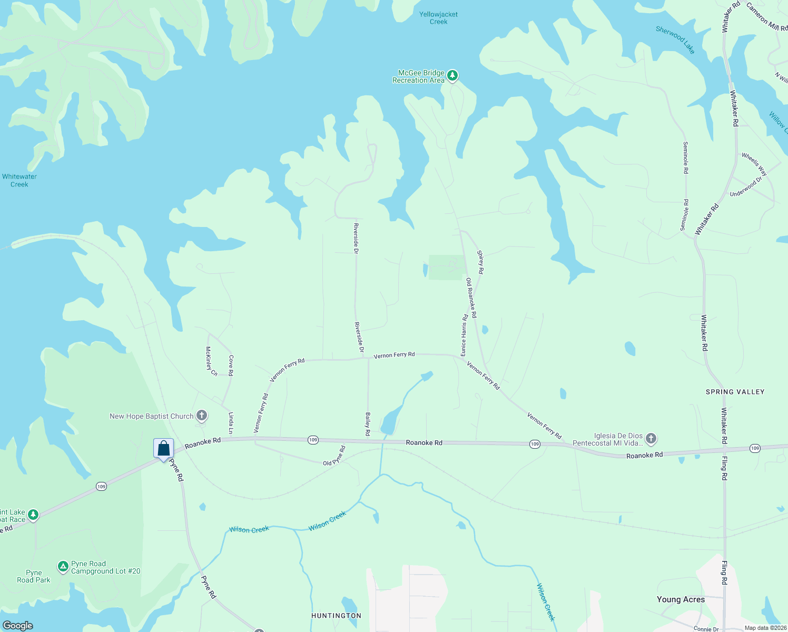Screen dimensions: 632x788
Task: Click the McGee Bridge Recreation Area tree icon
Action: (x=452, y=76)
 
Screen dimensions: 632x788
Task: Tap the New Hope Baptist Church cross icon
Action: (x=202, y=416)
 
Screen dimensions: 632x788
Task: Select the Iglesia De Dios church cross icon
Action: (x=651, y=439)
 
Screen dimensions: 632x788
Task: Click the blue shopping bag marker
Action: (x=163, y=449)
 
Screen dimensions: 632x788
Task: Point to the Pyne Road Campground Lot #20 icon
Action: (x=63, y=567)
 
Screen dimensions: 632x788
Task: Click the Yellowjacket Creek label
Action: (x=438, y=18)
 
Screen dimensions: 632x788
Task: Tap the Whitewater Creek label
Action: (x=19, y=181)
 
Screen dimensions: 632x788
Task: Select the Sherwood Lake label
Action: (x=675, y=39)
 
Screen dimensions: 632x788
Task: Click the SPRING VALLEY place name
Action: (x=735, y=392)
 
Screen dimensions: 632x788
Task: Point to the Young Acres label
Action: (x=681, y=599)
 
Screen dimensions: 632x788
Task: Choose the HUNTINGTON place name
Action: (x=336, y=616)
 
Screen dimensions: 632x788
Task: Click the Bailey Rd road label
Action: (x=368, y=424)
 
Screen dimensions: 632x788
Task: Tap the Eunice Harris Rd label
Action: (x=464, y=335)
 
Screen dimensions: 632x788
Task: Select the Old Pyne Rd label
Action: (x=334, y=456)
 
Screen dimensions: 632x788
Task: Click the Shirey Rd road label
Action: (x=480, y=262)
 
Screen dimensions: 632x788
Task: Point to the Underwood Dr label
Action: (x=746, y=187)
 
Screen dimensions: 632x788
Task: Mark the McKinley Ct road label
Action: (x=211, y=361)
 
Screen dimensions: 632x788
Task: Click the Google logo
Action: (x=18, y=626)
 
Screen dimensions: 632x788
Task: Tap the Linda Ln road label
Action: (x=231, y=423)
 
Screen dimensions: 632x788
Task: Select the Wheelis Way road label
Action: (x=754, y=164)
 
